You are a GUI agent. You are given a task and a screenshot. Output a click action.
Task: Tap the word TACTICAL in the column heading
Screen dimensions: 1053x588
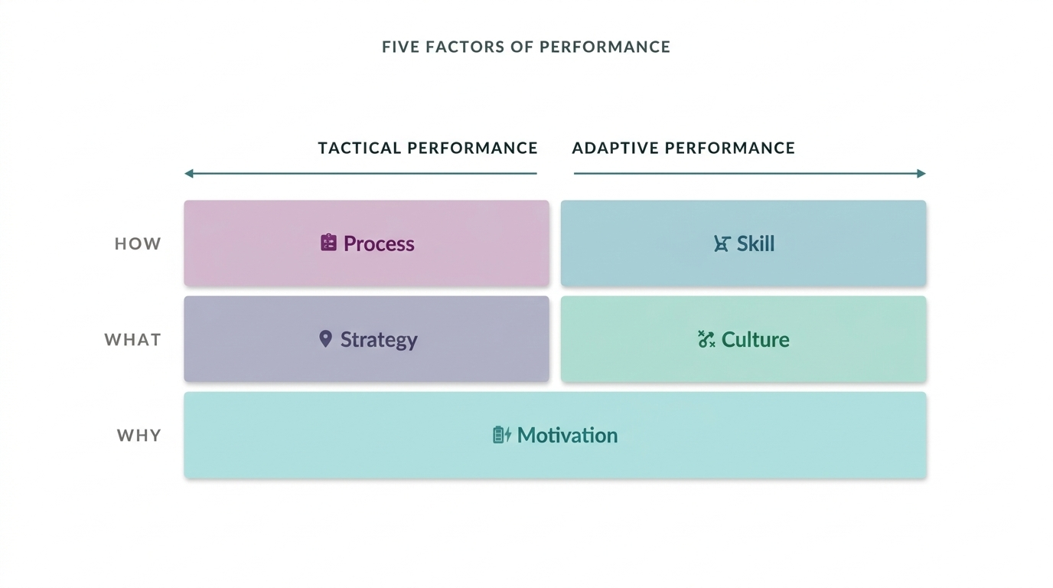tap(359, 148)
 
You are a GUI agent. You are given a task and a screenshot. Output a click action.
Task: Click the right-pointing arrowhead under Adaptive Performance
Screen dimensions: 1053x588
tap(921, 174)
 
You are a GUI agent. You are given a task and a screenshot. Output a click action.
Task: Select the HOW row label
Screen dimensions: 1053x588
tap(138, 243)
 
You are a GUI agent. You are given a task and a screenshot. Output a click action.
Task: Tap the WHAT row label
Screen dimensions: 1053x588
tap(132, 339)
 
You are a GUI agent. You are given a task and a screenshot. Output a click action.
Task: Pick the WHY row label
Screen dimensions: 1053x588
tap(139, 435)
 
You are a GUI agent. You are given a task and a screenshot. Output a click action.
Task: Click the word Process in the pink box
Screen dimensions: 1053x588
tap(379, 243)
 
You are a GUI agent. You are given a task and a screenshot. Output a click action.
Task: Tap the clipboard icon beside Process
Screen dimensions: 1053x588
tap(328, 243)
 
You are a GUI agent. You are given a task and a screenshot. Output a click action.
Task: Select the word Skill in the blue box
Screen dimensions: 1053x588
tap(755, 243)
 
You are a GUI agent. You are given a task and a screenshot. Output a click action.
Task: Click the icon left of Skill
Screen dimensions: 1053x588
tap(721, 243)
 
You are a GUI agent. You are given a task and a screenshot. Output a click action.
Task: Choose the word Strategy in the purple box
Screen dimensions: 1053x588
tap(379, 339)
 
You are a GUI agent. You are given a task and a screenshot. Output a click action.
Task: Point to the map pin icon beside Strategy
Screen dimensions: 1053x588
tap(325, 338)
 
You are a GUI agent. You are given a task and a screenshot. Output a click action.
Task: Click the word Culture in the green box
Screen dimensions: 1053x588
tap(755, 339)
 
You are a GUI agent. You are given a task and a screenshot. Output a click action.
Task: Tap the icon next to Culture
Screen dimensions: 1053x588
tap(706, 339)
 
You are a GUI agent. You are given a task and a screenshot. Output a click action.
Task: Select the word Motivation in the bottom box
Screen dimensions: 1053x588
tap(567, 435)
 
